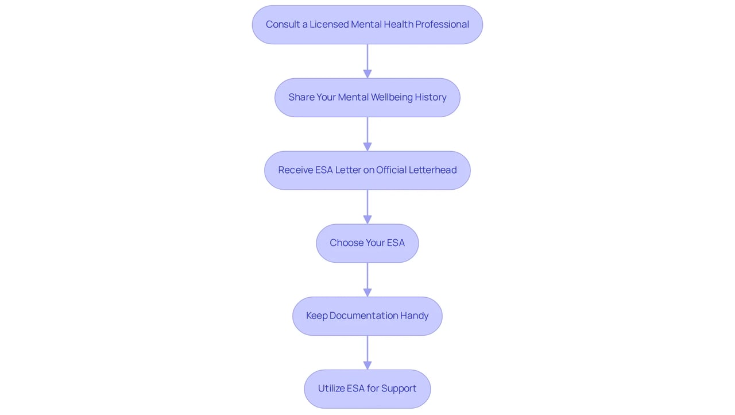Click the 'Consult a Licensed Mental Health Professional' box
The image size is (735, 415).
click(367, 25)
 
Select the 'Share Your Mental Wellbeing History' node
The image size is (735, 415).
click(367, 98)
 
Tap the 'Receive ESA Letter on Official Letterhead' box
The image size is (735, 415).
click(367, 170)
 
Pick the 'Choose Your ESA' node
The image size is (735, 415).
click(367, 243)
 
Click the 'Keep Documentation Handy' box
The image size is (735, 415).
click(367, 316)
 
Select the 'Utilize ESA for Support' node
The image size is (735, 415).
click(367, 389)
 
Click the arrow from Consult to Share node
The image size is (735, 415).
click(367, 61)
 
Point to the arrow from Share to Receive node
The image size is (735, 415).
click(367, 134)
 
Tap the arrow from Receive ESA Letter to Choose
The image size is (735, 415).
click(367, 207)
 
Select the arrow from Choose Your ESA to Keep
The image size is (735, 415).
click(367, 280)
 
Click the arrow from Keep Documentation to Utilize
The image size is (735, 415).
click(367, 352)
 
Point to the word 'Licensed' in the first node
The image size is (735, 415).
click(329, 24)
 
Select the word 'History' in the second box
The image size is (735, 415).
click(431, 98)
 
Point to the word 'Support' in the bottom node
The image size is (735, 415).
click(399, 389)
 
